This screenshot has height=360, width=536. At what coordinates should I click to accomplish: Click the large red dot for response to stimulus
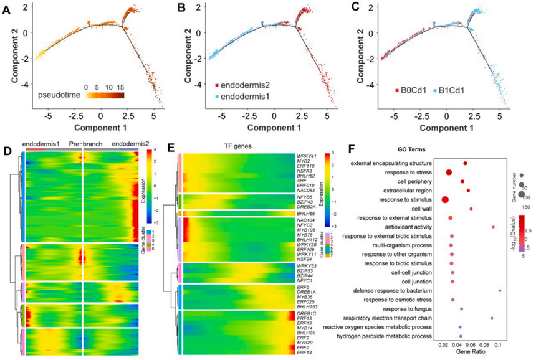(445, 200)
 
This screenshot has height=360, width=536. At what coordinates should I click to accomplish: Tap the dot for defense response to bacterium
(500, 290)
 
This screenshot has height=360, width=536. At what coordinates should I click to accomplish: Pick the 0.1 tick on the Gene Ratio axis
(499, 345)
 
